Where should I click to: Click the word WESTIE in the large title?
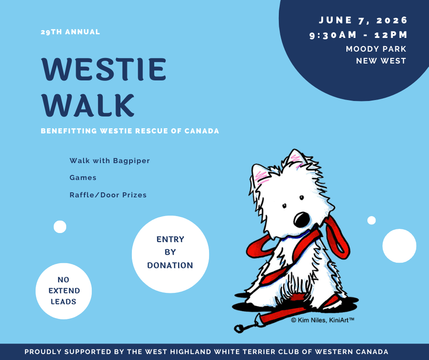tap(104, 70)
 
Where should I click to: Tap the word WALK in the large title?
tap(88, 106)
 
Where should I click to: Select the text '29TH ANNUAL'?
tap(70, 32)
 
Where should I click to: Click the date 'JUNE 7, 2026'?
tap(363, 21)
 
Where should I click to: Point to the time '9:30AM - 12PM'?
tap(358, 35)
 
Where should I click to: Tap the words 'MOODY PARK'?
tap(376, 49)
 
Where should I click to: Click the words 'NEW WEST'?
tap(381, 61)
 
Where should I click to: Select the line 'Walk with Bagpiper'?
tap(110, 161)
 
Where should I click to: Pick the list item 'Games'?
tap(83, 178)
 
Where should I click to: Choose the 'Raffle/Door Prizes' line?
tap(108, 195)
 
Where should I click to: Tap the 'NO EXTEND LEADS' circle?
tap(64, 291)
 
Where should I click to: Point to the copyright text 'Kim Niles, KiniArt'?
tap(323, 320)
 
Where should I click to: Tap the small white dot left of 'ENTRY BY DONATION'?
tap(60, 227)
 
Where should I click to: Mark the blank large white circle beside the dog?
tap(399, 246)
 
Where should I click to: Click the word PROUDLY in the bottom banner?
tap(42, 352)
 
